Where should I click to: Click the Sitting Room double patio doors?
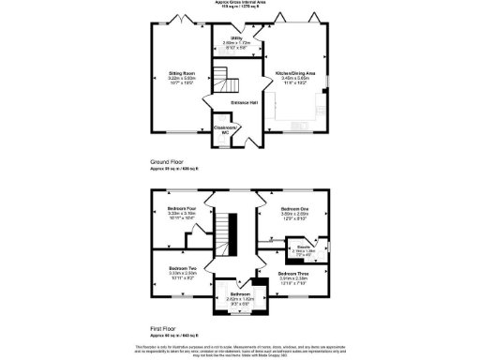183,20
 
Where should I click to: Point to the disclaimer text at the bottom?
240,351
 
